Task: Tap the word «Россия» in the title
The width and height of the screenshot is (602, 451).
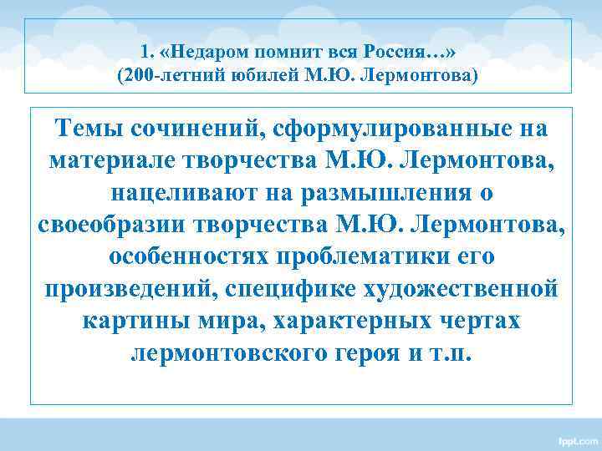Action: click(413, 52)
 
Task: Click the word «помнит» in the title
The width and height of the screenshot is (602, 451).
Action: click(293, 52)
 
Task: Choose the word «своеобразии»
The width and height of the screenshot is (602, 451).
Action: click(112, 225)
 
